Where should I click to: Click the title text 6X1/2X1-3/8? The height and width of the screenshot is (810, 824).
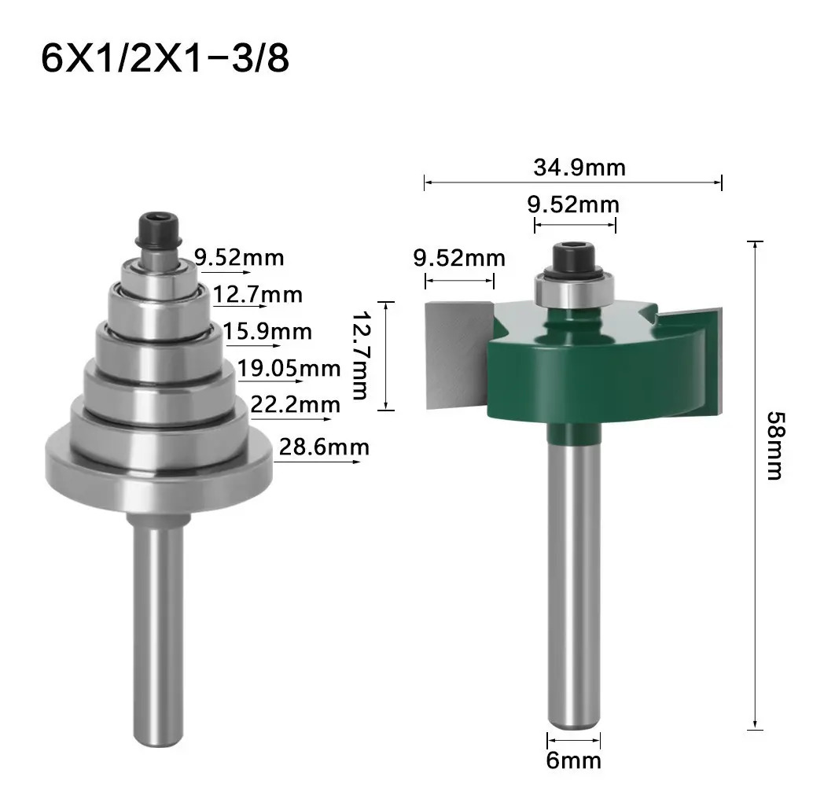pos(165,58)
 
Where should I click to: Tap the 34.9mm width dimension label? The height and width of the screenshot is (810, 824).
pos(579,168)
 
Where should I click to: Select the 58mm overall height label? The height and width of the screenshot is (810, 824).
pos(775,446)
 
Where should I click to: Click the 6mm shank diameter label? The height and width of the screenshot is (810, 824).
pos(573,760)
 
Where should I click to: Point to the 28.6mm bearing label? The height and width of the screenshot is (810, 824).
pos(324,447)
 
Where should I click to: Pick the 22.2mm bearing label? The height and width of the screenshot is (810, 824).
pos(295,405)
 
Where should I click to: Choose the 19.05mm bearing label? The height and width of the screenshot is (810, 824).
pos(289,369)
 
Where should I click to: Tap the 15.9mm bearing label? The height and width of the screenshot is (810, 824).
pos(267,332)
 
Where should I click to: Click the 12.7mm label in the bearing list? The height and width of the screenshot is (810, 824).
pos(258,295)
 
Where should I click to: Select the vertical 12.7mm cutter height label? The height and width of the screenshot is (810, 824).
pos(360,355)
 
